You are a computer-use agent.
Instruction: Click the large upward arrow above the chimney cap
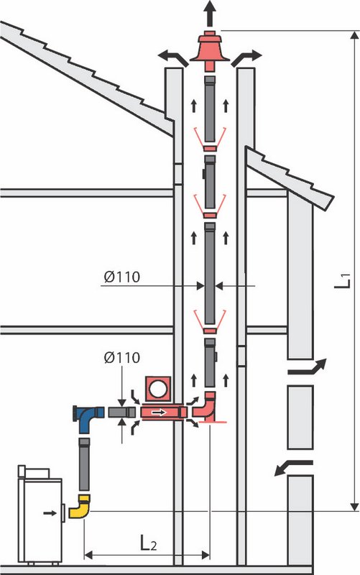tap(210, 13)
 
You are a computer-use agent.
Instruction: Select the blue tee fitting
tap(88, 419)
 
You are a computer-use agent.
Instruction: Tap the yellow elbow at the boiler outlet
tap(80, 506)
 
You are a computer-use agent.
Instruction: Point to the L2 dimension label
tap(149, 543)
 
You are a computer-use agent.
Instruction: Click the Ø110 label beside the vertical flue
tap(121, 277)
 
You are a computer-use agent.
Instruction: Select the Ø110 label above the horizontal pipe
tap(121, 357)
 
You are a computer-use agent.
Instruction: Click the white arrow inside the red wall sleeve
tap(159, 413)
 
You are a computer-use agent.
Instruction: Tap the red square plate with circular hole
tap(157, 389)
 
